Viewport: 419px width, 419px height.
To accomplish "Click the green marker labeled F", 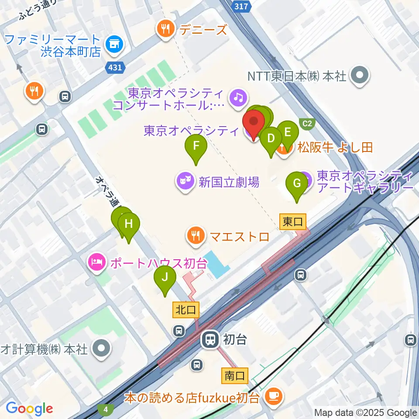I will tap(196, 146).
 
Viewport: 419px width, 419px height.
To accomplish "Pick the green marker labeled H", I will tap(128, 224).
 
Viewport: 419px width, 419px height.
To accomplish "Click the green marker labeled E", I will tap(287, 132).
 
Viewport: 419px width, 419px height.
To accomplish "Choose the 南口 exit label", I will tap(235, 375).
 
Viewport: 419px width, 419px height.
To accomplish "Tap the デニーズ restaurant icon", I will tap(166, 30).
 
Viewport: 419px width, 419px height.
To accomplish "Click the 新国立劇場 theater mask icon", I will tap(185, 181).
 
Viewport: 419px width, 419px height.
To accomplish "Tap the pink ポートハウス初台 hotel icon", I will tap(97, 263).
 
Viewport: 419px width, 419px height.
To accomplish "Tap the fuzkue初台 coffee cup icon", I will tap(275, 397).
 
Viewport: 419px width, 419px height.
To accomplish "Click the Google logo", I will tap(29, 409).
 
